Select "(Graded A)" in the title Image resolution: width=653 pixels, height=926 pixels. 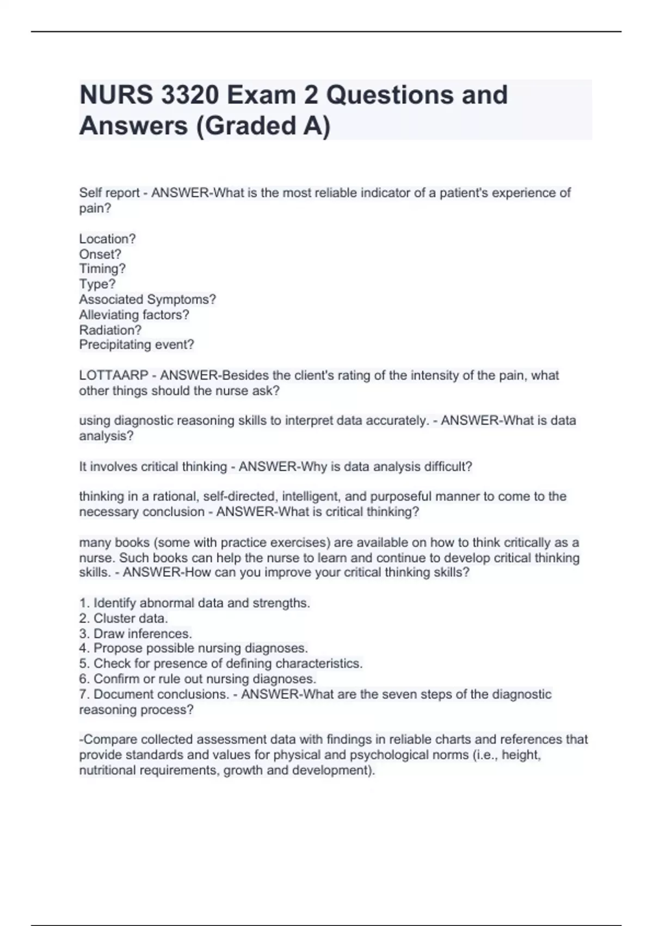tap(262, 126)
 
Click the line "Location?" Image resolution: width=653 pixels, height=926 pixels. tap(107, 239)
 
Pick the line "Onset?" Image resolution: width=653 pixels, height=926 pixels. tap(100, 254)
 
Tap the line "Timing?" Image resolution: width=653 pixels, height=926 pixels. tap(102, 269)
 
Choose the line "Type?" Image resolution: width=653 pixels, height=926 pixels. tap(97, 284)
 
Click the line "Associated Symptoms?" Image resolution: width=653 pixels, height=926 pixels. tap(147, 300)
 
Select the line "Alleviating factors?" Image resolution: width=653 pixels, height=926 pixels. tap(134, 315)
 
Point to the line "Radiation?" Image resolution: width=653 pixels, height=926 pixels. tap(110, 330)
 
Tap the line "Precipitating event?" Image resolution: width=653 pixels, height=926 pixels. tap(137, 345)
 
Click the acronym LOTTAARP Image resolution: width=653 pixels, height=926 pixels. tap(114, 375)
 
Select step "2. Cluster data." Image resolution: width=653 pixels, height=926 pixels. tap(124, 618)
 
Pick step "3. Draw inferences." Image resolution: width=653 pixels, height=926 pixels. tap(135, 633)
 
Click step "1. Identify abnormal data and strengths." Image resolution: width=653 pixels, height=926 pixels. tap(194, 603)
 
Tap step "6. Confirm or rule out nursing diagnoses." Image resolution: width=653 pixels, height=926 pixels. tap(198, 679)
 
